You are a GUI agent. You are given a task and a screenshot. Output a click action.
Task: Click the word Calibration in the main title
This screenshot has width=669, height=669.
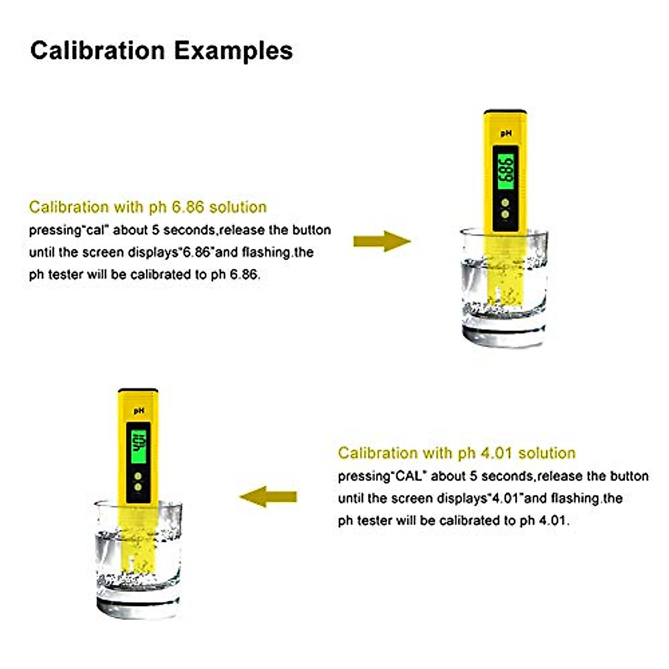(98, 50)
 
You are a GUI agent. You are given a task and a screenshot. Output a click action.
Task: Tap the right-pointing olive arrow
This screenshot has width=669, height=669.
(382, 241)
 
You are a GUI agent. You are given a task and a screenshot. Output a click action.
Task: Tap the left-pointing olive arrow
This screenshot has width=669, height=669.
(268, 496)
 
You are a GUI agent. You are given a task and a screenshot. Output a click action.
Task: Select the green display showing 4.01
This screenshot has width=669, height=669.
(138, 443)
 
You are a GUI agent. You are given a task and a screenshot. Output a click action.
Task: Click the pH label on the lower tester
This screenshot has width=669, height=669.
(139, 410)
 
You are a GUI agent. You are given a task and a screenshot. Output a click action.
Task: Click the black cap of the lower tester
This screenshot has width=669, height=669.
(138, 390)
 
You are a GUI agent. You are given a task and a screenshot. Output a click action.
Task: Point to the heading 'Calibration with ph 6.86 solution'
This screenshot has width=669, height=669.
(148, 207)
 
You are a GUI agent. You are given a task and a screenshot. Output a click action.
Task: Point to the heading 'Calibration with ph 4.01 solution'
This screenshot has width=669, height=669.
(457, 453)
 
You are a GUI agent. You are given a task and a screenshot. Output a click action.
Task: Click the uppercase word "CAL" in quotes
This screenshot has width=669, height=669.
(409, 476)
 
